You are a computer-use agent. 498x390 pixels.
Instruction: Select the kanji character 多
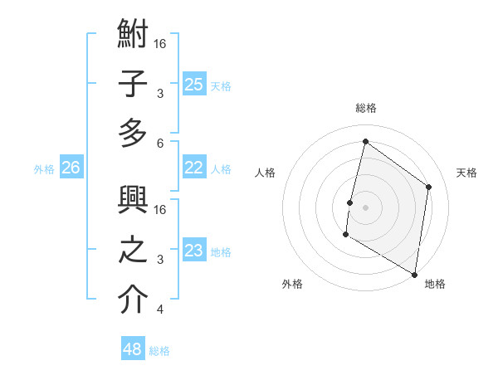tap(133, 133)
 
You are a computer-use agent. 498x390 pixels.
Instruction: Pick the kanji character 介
tap(133, 300)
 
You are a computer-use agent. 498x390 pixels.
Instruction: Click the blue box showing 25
tap(194, 84)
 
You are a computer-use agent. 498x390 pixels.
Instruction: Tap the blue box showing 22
tap(194, 167)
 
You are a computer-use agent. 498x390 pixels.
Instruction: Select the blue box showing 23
tap(194, 251)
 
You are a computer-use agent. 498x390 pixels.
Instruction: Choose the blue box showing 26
tap(71, 168)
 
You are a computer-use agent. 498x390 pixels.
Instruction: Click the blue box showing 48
tap(133, 349)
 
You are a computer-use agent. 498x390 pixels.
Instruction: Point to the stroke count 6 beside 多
tap(159, 144)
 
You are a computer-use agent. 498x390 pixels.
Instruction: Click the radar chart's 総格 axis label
tap(366, 108)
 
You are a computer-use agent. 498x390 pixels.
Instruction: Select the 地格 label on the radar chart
tap(435, 284)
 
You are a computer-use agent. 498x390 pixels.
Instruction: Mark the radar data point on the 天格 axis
tap(429, 187)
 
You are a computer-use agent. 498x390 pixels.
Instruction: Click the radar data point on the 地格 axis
tap(414, 275)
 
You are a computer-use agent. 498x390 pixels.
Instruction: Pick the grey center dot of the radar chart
tap(365, 207)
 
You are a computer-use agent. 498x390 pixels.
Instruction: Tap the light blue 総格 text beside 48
tap(159, 351)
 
